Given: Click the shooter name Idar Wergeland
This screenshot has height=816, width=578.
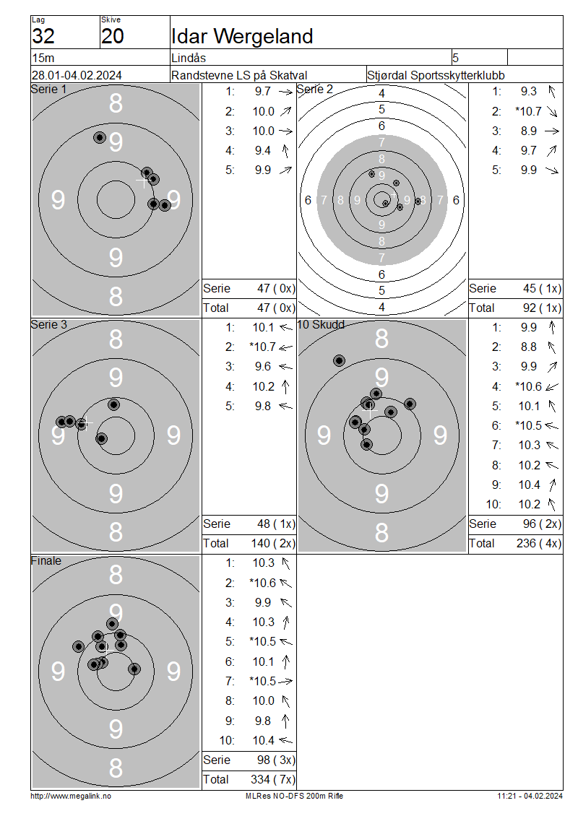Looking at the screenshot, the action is (242, 36).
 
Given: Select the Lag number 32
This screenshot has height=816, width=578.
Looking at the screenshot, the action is (43, 36).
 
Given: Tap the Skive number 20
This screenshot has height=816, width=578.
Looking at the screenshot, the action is (113, 36).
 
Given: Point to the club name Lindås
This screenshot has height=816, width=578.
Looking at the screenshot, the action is (189, 58).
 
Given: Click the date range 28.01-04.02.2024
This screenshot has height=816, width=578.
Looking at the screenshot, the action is (77, 75).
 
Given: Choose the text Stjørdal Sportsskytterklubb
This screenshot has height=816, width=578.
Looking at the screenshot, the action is (436, 75).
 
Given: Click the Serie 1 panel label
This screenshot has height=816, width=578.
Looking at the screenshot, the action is (49, 89).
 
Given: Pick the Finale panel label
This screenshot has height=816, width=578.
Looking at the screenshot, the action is (46, 560).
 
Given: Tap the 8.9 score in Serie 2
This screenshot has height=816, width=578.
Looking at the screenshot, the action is (529, 131).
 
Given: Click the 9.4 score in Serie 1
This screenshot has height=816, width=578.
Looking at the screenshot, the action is (262, 151).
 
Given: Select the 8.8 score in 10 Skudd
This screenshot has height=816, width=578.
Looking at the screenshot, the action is (529, 347).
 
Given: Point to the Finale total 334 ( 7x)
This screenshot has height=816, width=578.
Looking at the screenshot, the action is (273, 779).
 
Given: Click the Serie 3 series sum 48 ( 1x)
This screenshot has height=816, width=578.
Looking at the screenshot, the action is (276, 524).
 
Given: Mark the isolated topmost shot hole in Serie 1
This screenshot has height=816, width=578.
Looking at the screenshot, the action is (100, 137).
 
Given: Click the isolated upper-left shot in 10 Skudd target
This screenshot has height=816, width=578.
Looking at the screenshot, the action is (339, 360).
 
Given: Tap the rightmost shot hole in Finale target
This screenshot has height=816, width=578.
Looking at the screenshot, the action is (134, 669).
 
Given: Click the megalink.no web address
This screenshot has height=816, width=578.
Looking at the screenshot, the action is (71, 796).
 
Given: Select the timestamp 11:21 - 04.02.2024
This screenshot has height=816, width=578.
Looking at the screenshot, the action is (530, 796).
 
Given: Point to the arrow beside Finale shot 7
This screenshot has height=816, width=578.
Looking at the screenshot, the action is (285, 681).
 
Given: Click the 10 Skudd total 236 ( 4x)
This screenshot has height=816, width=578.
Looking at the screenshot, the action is (539, 544).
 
